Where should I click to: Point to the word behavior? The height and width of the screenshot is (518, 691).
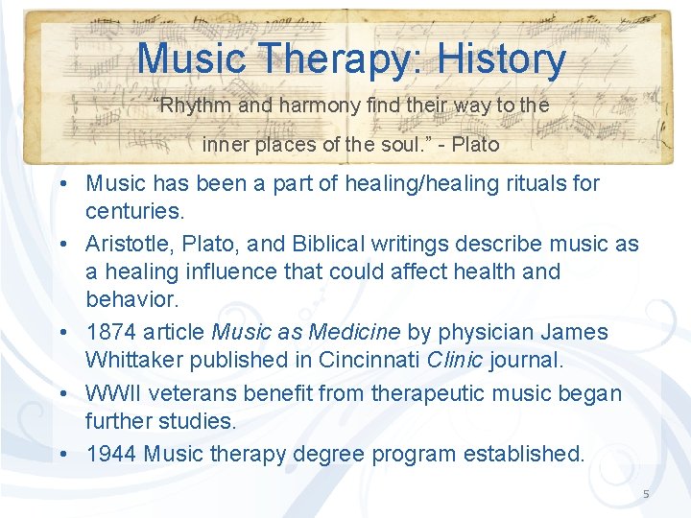[131, 298]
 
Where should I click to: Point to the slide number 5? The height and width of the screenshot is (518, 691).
[646, 494]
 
